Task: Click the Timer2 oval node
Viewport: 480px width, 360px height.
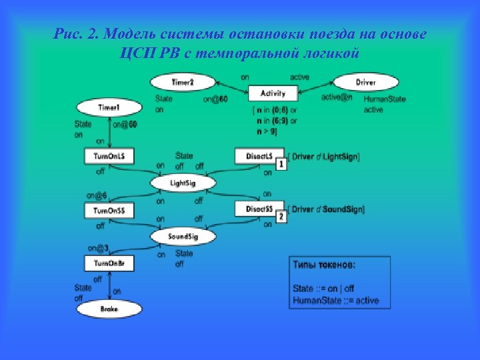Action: (x=182, y=83)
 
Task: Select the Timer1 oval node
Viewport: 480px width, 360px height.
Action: (x=109, y=107)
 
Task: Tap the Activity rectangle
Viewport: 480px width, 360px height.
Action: (x=273, y=94)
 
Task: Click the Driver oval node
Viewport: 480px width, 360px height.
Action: (x=365, y=83)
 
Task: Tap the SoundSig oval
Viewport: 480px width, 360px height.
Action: (x=183, y=237)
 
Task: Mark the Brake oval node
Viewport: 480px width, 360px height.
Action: (x=109, y=309)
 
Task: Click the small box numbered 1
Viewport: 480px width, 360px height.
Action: (x=282, y=164)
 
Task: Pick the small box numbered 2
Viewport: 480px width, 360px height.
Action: (x=281, y=217)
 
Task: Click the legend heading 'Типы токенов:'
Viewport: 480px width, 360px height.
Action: (x=325, y=265)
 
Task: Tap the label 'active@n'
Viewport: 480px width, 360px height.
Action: (x=336, y=98)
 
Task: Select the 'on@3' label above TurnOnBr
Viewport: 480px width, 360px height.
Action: (x=98, y=249)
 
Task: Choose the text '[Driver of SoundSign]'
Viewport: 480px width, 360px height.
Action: (x=327, y=209)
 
